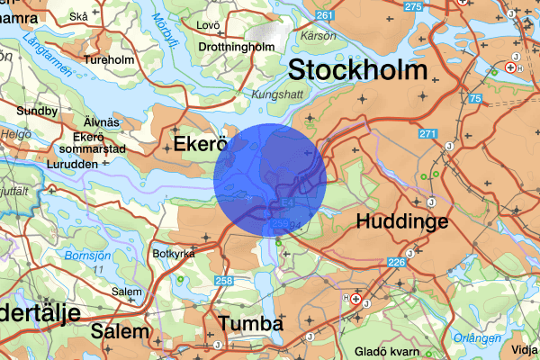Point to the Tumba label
coord(251,324)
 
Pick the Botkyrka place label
coord(175,253)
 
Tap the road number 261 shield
coord(325,17)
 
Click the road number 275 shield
coord(413,6)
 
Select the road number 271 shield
coord(427,134)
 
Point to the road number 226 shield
coord(396,263)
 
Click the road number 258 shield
coord(222,282)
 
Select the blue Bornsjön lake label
coord(87,256)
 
